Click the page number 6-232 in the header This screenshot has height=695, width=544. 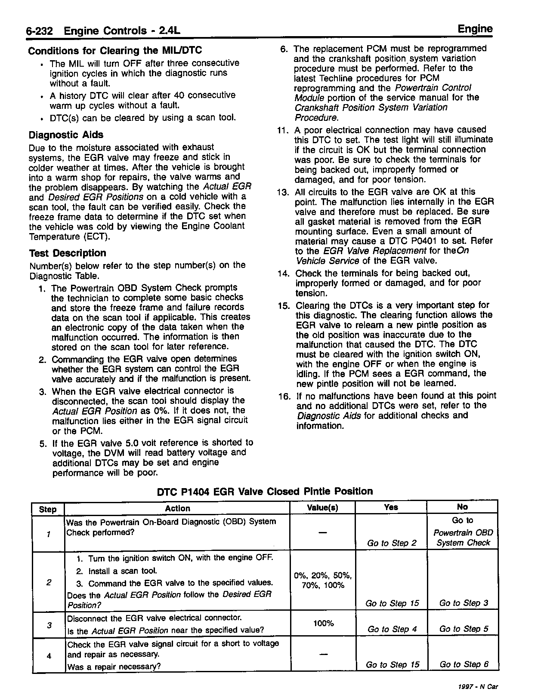[x=39, y=31]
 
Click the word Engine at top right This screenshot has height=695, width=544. [x=475, y=29]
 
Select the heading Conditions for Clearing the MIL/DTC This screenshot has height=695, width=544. [x=115, y=51]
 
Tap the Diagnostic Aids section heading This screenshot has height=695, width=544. [x=66, y=135]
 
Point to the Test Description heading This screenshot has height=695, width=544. [x=68, y=253]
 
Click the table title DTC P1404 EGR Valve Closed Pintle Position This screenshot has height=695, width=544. [x=265, y=491]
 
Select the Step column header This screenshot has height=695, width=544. [x=48, y=509]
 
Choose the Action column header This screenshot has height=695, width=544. [x=177, y=508]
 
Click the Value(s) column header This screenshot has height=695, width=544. [x=322, y=508]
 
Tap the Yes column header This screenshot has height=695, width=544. [x=391, y=507]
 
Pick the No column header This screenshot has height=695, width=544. [x=462, y=507]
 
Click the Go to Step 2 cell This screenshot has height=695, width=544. [x=392, y=543]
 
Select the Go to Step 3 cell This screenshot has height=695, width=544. [x=464, y=603]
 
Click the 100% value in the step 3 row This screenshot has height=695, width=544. [x=322, y=623]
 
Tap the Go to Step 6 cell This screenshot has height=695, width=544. [x=464, y=664]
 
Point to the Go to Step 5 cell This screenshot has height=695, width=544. [x=464, y=629]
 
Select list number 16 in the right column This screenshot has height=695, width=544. [x=284, y=396]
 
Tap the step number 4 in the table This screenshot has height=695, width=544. [x=49, y=656]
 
